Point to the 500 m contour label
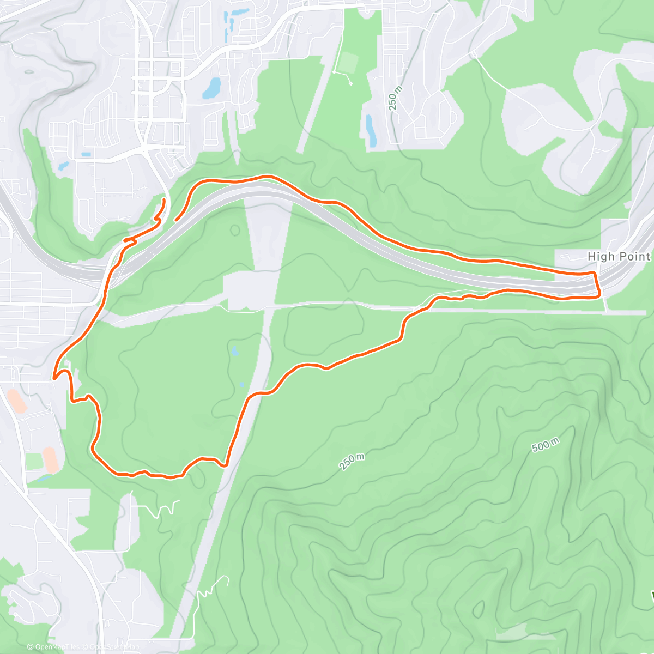tap(545, 445)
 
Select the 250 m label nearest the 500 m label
tap(352, 462)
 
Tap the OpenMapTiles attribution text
tap(53, 647)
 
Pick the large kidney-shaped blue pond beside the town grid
tap(212, 88)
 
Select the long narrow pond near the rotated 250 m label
tap(372, 131)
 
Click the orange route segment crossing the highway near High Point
tap(597, 283)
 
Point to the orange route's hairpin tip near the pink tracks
tap(55, 377)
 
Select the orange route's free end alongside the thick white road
tap(163, 202)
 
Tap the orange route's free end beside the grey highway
tap(175, 220)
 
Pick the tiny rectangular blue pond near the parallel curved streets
tap(86, 154)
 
